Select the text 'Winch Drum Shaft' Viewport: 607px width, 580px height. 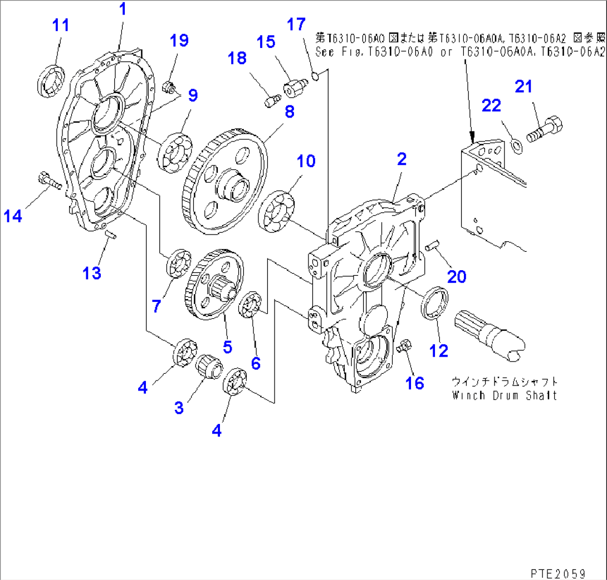pyautogui.click(x=505, y=395)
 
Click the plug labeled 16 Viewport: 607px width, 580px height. pyautogui.click(x=403, y=346)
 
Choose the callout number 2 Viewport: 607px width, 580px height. pyautogui.click(x=401, y=159)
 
